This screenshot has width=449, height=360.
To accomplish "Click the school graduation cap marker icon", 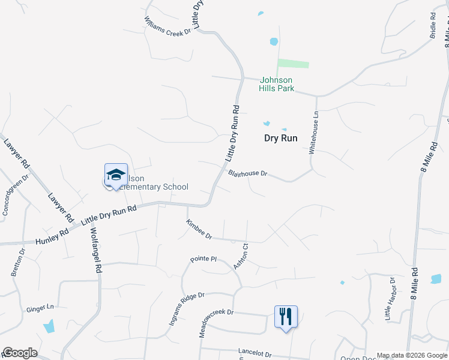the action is tap(116, 175).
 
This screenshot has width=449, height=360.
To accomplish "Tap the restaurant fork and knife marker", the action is tap(286, 316).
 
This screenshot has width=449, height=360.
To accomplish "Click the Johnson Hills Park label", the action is tap(276, 84).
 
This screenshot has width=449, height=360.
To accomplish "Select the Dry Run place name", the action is tap(281, 138).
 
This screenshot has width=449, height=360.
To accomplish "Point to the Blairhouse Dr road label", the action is tap(247, 173).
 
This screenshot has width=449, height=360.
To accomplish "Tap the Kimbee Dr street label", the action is tap(199, 229).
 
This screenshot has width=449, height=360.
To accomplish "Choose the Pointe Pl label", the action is tap(203, 259).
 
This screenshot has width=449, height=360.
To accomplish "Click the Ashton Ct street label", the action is tap(241, 256).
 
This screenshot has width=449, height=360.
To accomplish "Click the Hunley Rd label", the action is tap(52, 239).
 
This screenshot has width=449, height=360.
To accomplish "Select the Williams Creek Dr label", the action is tap(167, 25).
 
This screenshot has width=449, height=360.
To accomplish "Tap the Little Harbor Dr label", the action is tap(390, 298).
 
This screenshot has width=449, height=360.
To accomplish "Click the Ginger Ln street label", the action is tap(40, 308).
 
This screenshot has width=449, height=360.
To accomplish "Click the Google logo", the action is tap(20, 353).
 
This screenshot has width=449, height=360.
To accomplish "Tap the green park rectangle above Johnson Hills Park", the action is tap(293, 64).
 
